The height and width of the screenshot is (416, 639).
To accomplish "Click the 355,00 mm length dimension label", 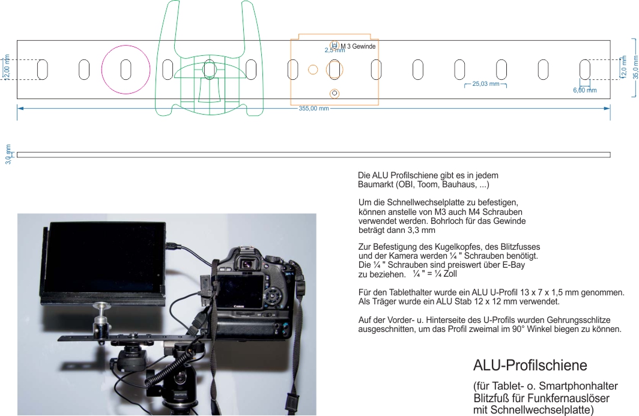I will [x=313, y=109].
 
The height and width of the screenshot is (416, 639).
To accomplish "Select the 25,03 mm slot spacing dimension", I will [x=486, y=84].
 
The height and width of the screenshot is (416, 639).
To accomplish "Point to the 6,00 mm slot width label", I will [x=584, y=90].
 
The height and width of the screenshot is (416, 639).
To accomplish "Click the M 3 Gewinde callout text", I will [x=358, y=46].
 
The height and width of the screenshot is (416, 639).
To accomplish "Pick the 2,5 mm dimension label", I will [x=335, y=50].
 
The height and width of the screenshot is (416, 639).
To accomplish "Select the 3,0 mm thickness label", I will [x=8, y=154].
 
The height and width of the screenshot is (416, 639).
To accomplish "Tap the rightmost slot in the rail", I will [x=584, y=70].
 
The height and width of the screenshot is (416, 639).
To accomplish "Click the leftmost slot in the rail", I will [x=43, y=70].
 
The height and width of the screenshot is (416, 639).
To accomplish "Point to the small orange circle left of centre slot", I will [x=313, y=70].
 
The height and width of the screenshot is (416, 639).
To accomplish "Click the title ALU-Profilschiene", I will [x=530, y=365].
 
